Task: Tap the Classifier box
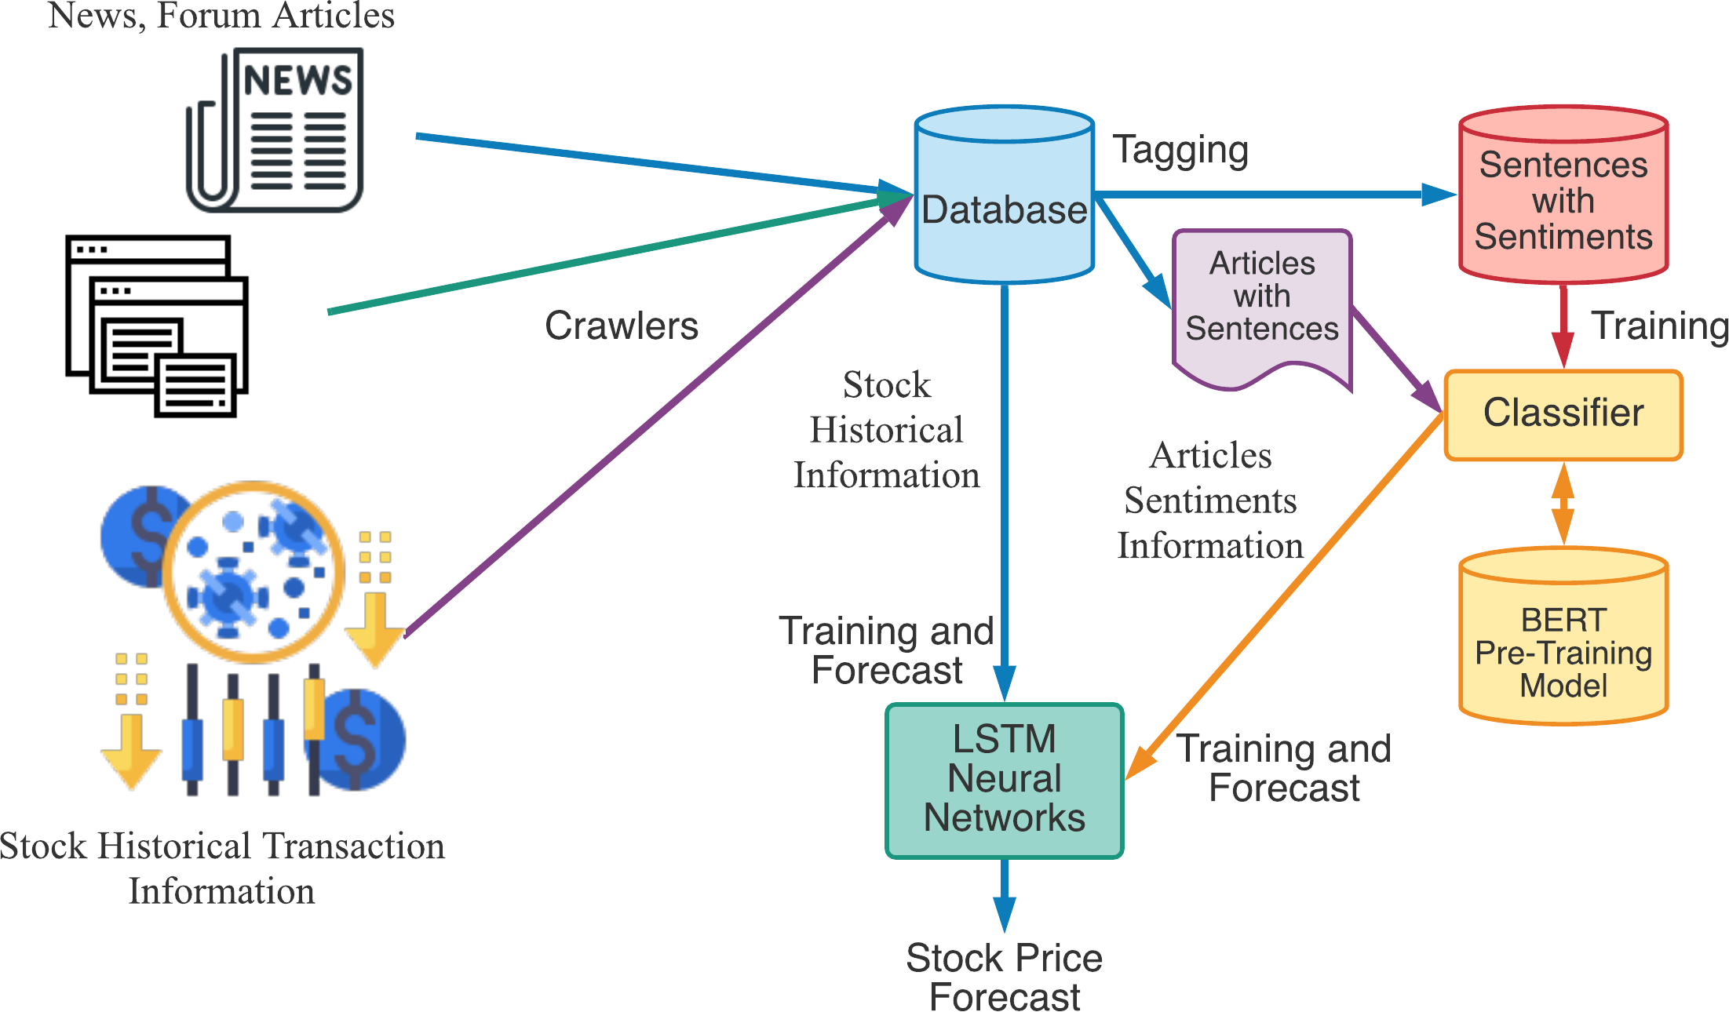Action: tap(1563, 414)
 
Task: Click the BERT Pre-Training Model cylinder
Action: tap(1563, 643)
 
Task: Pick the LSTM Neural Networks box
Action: tap(1004, 779)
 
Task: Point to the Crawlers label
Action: tap(621, 326)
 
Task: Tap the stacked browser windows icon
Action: tap(157, 326)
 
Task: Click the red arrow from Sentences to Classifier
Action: tap(1563, 326)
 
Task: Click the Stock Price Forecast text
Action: tap(1004, 977)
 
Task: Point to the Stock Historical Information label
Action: tap(886, 430)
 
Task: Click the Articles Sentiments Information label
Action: tap(1209, 501)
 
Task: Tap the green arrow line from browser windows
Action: tap(596, 257)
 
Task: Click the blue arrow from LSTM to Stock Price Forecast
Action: tap(1004, 894)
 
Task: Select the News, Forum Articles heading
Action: tap(221, 16)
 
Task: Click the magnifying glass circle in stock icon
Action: tap(253, 573)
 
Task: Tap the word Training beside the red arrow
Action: tap(1659, 326)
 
